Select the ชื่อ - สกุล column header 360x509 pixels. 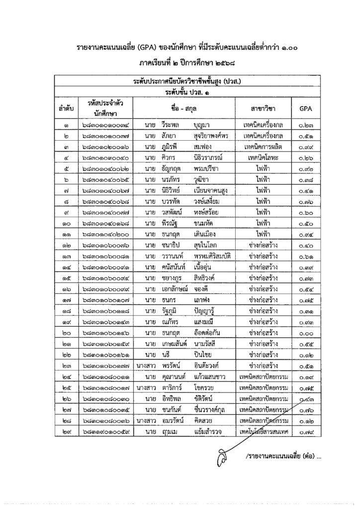(x=183, y=108)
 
